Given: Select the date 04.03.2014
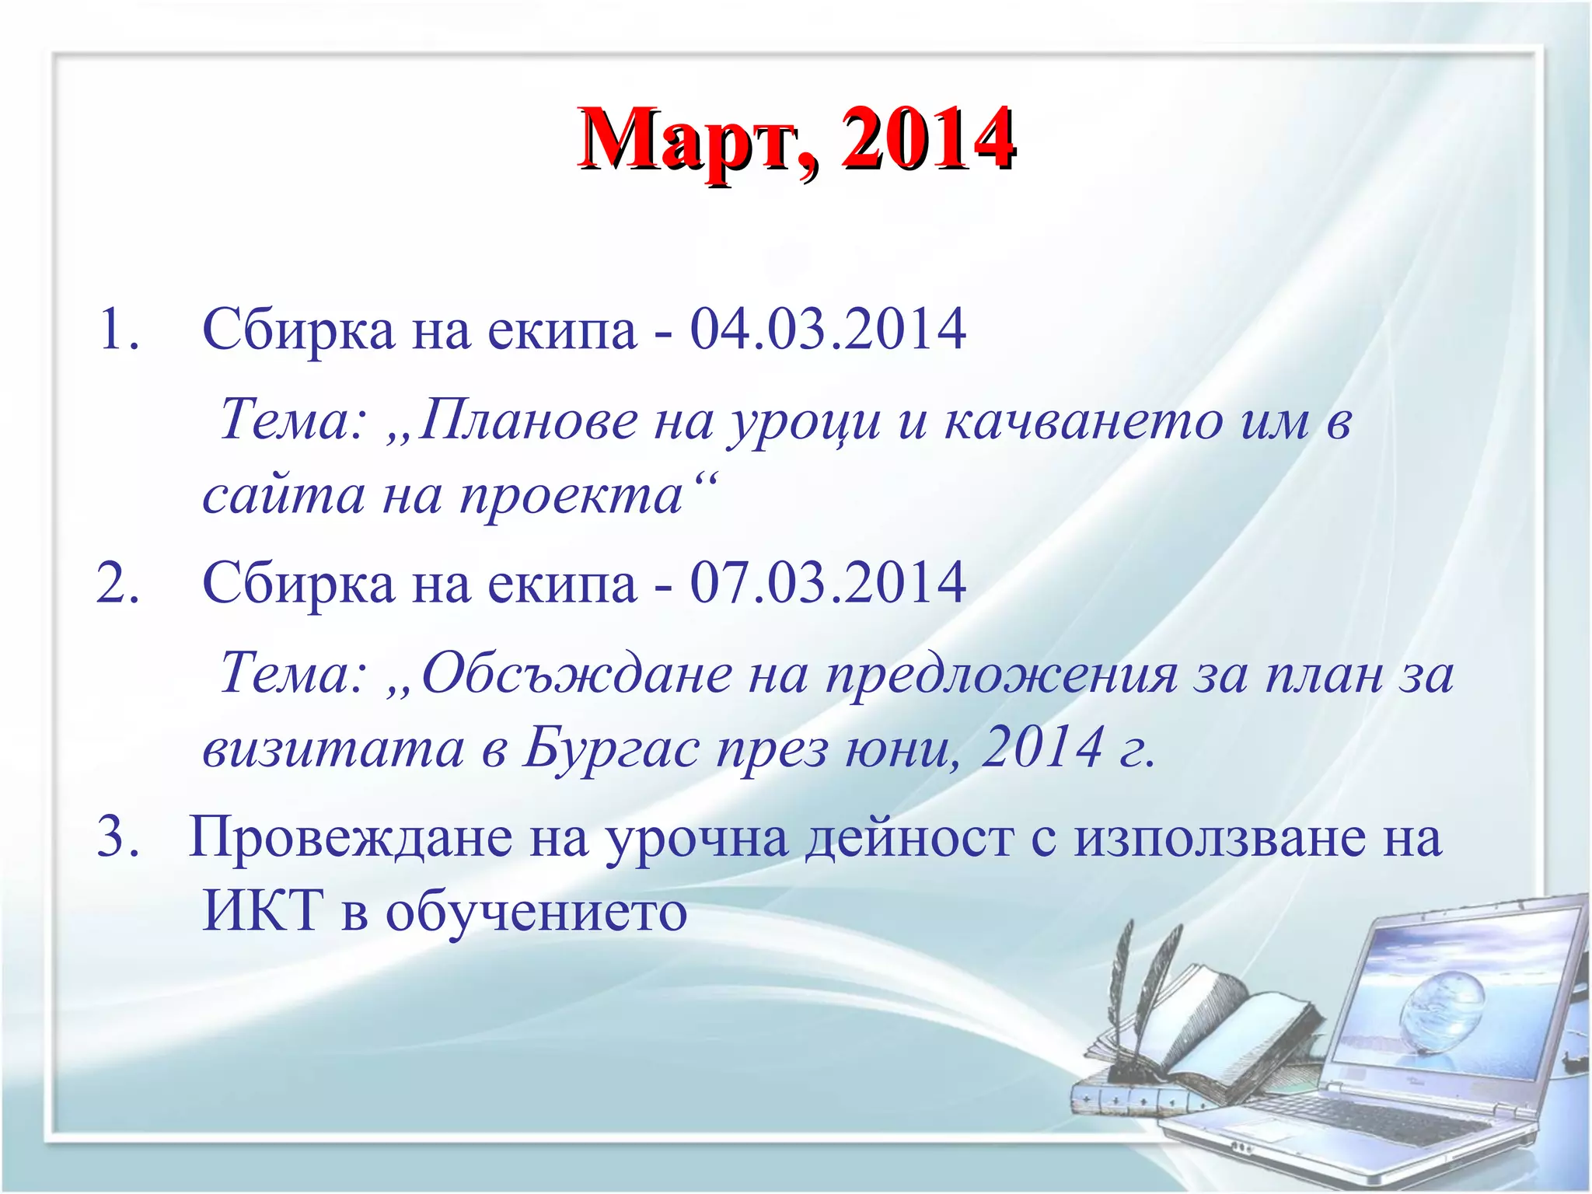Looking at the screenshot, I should click(x=828, y=330).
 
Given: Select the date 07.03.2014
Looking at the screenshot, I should click(x=828, y=583).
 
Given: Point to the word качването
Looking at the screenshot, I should click(x=1084, y=421).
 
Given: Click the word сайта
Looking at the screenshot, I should click(x=283, y=495).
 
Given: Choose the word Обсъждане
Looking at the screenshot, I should click(x=576, y=674).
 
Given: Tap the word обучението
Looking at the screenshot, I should click(x=536, y=911).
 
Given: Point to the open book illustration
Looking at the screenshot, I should click(x=1213, y=1034).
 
